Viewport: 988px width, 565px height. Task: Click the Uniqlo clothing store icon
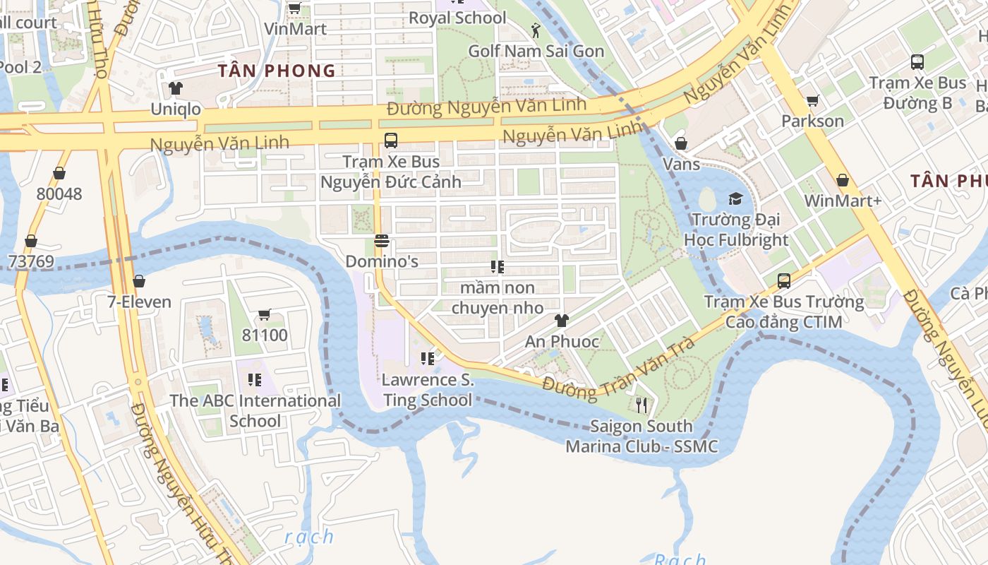pyautogui.click(x=176, y=88)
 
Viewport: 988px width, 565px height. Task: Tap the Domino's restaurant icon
pyautogui.click(x=382, y=242)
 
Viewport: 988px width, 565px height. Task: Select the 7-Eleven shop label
pyautogui.click(x=139, y=302)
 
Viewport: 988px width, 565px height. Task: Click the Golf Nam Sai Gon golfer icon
pyautogui.click(x=536, y=30)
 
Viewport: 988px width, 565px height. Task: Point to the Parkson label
pyautogui.click(x=812, y=121)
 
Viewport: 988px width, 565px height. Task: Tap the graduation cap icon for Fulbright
pyautogui.click(x=736, y=198)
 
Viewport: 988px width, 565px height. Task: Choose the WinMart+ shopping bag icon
pyautogui.click(x=842, y=180)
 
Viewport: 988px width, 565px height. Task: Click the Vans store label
pyautogui.click(x=682, y=165)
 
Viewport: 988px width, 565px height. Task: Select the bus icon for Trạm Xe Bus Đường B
pyautogui.click(x=917, y=62)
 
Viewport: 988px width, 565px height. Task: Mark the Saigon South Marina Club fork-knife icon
pyautogui.click(x=641, y=405)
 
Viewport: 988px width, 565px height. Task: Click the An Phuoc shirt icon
pyautogui.click(x=561, y=321)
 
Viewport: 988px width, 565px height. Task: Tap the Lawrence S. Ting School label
pyautogui.click(x=427, y=390)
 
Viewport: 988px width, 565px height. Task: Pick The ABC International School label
pyautogui.click(x=255, y=411)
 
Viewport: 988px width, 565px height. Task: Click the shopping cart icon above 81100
pyautogui.click(x=265, y=314)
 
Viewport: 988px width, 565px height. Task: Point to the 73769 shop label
pyautogui.click(x=31, y=262)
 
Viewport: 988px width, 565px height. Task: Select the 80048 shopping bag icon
pyautogui.click(x=59, y=173)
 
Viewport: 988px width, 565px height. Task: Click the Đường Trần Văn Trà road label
pyautogui.click(x=619, y=367)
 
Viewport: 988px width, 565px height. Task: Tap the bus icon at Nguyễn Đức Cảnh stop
pyautogui.click(x=391, y=140)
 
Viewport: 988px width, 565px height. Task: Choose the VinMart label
pyautogui.click(x=295, y=29)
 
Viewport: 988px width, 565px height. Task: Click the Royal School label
pyautogui.click(x=457, y=18)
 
